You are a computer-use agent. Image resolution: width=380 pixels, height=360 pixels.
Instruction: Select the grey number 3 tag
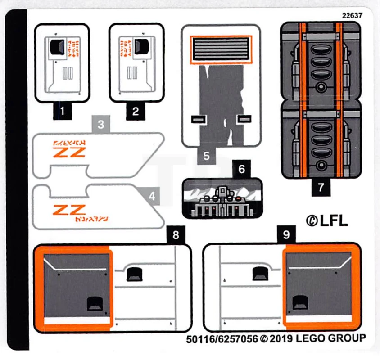pyautogui.click(x=101, y=124)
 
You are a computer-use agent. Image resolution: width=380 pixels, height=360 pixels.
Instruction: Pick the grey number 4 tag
pyautogui.click(x=152, y=196)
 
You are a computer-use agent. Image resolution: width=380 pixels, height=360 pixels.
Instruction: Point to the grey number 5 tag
pyautogui.click(x=206, y=156)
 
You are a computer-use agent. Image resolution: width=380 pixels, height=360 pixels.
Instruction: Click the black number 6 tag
pyautogui.click(x=242, y=169)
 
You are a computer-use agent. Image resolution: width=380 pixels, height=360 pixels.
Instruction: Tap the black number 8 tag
pyautogui.click(x=176, y=234)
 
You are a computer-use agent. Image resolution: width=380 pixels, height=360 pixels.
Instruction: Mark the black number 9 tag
pyautogui.click(x=287, y=234)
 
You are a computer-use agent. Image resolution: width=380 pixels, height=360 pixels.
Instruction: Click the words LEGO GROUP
pyautogui.click(x=330, y=338)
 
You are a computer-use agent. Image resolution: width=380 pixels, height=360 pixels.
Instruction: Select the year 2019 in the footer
pyautogui.click(x=281, y=338)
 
